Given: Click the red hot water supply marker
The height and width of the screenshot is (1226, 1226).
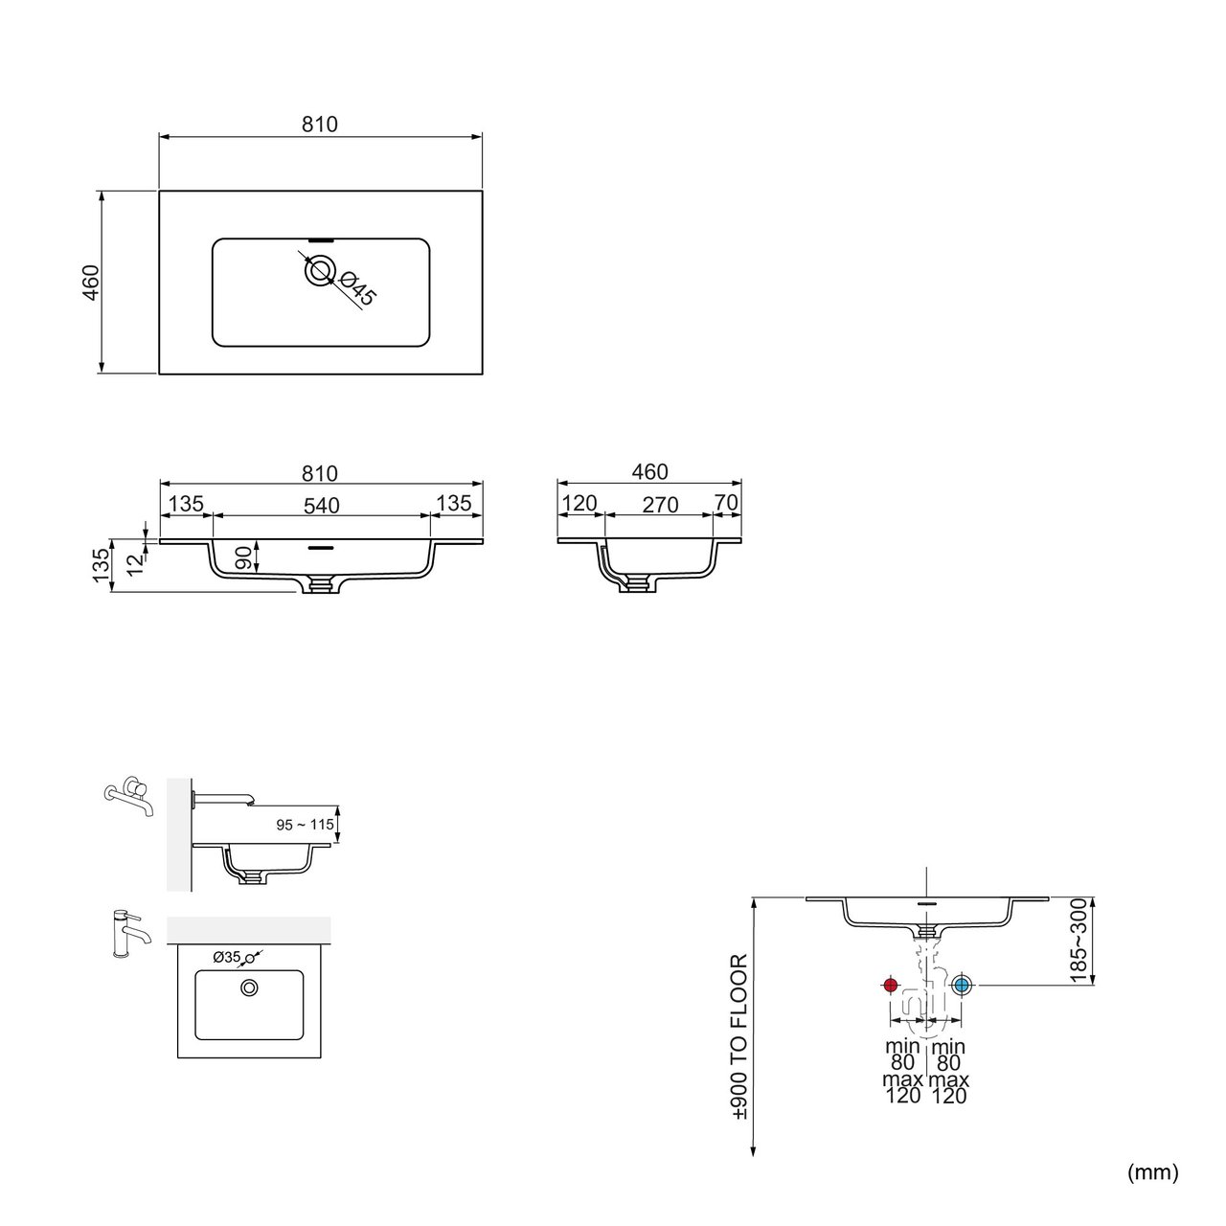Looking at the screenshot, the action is click(x=890, y=986).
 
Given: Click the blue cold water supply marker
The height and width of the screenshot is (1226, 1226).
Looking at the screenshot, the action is click(x=962, y=986).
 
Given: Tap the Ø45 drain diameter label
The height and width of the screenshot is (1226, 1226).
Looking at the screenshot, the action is click(x=357, y=287).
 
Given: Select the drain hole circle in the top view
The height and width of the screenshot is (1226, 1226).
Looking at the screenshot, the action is click(x=319, y=271).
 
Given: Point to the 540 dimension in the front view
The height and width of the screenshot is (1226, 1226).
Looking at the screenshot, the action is click(x=321, y=506).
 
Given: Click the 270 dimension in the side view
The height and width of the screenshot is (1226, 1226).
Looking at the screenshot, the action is click(x=660, y=505).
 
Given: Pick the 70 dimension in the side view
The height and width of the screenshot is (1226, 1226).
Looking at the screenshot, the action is click(x=726, y=503).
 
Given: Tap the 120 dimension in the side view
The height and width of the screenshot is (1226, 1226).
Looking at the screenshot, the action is click(x=579, y=504).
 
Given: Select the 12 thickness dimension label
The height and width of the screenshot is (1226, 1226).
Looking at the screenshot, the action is click(x=135, y=564).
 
